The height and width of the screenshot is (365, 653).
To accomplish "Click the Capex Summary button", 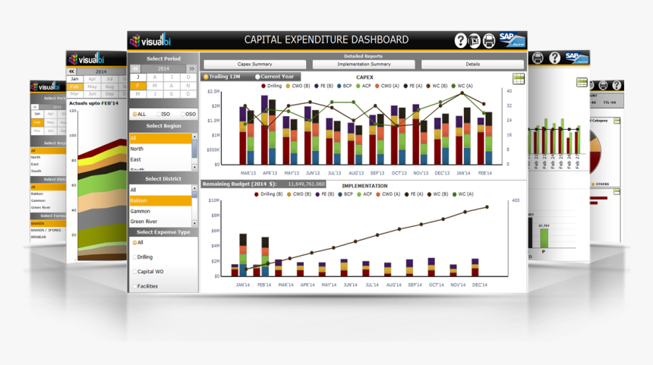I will click(254, 65).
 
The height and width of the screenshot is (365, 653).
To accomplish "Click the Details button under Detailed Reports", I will click(472, 65).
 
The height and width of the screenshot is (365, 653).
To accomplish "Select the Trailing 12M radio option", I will click(206, 77).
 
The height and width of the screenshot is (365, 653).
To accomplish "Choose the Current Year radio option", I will click(258, 77).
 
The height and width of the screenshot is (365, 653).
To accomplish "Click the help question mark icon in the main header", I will click(461, 41).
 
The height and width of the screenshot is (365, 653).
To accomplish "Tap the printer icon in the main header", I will click(475, 41).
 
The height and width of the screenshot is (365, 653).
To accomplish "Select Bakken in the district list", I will click(159, 201).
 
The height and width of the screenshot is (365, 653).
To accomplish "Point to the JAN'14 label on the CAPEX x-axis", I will click(462, 173).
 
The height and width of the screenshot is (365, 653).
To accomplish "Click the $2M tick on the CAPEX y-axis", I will click(216, 105).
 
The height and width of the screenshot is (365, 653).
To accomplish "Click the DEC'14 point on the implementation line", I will click(487, 206).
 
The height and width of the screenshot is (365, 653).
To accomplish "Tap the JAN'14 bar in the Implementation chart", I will click(243, 258).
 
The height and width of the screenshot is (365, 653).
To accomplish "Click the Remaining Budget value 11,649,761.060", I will click(307, 184).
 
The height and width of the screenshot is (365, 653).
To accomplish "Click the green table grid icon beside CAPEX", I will click(519, 79).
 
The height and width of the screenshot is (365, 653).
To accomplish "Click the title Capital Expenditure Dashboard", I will click(326, 40).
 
